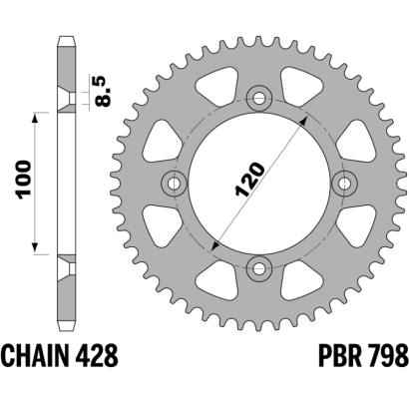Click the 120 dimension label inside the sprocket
click(x=250, y=180)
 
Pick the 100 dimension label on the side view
click(x=25, y=180)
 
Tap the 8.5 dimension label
click(x=102, y=91)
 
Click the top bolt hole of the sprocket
click(x=259, y=98)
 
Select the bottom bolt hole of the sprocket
click(x=259, y=268)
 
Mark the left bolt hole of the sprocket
click(x=175, y=183)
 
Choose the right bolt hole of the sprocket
click(x=345, y=183)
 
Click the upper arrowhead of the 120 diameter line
click(x=303, y=121)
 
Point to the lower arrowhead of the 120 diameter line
click(x=215, y=245)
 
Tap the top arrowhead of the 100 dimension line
click(x=35, y=119)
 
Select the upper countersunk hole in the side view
click(x=67, y=100)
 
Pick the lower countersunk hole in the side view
click(x=67, y=268)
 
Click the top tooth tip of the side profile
click(x=67, y=36)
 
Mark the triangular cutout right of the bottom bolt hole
click(x=300, y=280)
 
